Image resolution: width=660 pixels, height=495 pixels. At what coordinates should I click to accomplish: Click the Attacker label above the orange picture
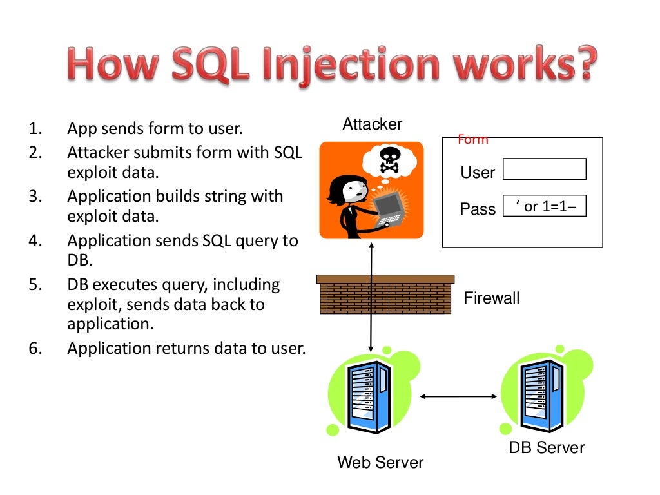(x=372, y=124)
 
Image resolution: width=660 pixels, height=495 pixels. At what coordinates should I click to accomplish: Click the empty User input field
(x=544, y=169)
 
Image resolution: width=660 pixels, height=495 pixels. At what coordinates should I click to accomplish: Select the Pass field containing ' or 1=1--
(x=544, y=206)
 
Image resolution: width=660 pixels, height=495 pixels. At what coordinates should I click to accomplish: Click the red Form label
(x=472, y=139)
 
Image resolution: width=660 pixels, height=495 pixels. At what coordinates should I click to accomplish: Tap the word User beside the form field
(x=478, y=173)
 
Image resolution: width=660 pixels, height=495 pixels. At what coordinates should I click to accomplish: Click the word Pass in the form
(x=478, y=209)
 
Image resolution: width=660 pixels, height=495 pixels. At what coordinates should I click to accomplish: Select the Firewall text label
(x=491, y=298)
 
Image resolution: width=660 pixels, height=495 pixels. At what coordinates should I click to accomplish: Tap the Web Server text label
(x=380, y=462)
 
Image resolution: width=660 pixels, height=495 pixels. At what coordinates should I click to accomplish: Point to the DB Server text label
(x=547, y=447)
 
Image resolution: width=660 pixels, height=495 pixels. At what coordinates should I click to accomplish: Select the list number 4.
(x=35, y=241)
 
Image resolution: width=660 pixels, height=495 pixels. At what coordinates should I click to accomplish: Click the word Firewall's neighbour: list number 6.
(x=35, y=349)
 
